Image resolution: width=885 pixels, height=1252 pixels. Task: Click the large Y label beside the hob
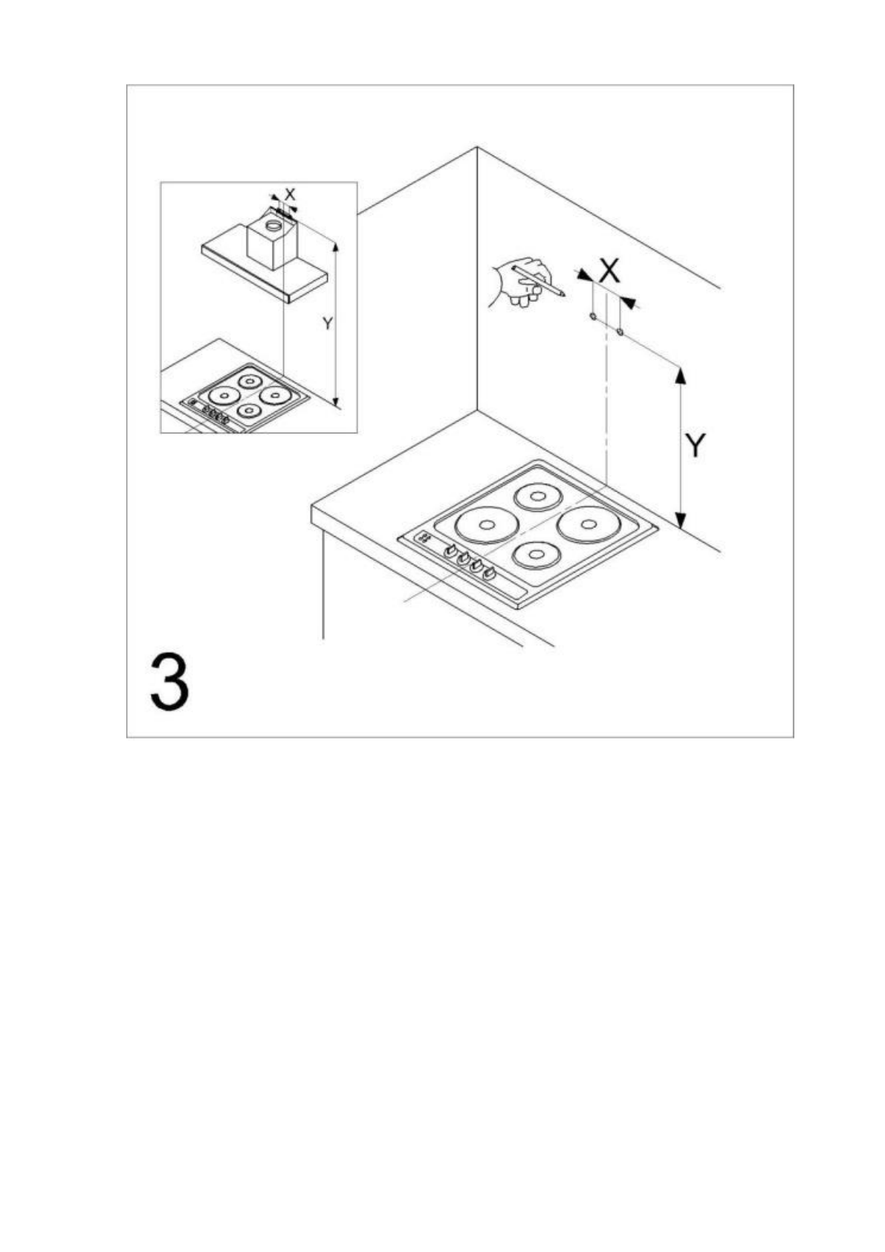695,445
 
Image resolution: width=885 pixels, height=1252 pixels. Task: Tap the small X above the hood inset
291,194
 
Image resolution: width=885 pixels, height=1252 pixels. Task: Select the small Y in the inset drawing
326,323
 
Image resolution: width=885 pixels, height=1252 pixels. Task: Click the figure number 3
170,682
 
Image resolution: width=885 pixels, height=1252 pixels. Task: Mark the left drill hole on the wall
592,317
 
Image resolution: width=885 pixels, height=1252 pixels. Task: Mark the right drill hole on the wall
620,332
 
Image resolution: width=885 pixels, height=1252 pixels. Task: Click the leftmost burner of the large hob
487,525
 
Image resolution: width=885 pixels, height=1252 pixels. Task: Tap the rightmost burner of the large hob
589,524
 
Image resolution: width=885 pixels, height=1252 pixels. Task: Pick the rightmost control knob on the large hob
490,572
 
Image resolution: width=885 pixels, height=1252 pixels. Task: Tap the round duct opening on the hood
273,223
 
